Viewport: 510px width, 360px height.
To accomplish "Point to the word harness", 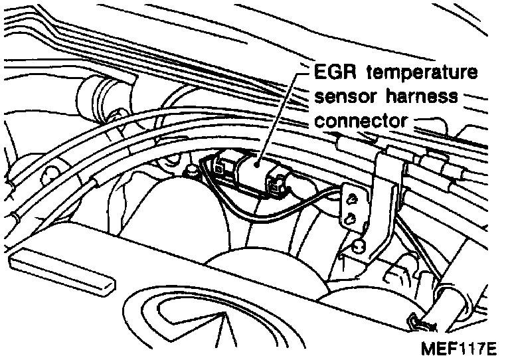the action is point(425,97).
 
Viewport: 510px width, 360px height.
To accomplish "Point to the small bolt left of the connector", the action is point(191,171).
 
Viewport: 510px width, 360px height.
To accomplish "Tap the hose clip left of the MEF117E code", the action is point(415,323).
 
